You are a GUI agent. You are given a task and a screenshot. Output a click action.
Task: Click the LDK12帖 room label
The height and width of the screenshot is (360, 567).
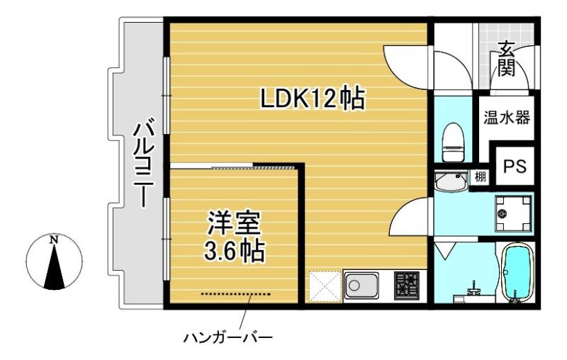311,99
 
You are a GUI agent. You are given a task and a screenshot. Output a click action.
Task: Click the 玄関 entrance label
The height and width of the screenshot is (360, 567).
505,61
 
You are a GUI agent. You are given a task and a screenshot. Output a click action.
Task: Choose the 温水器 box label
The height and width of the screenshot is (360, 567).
507,117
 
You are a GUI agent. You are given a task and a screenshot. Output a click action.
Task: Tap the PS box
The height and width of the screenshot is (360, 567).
514,166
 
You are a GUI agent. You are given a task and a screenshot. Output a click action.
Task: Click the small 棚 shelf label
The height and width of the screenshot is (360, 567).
481,177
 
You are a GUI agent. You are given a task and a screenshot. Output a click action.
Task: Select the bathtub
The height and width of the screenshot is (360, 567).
517,274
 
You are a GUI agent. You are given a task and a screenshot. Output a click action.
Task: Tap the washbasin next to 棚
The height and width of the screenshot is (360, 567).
449,182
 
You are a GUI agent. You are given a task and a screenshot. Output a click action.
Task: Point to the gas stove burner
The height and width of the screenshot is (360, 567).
407,287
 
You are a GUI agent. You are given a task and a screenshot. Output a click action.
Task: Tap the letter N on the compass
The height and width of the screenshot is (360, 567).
54,239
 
